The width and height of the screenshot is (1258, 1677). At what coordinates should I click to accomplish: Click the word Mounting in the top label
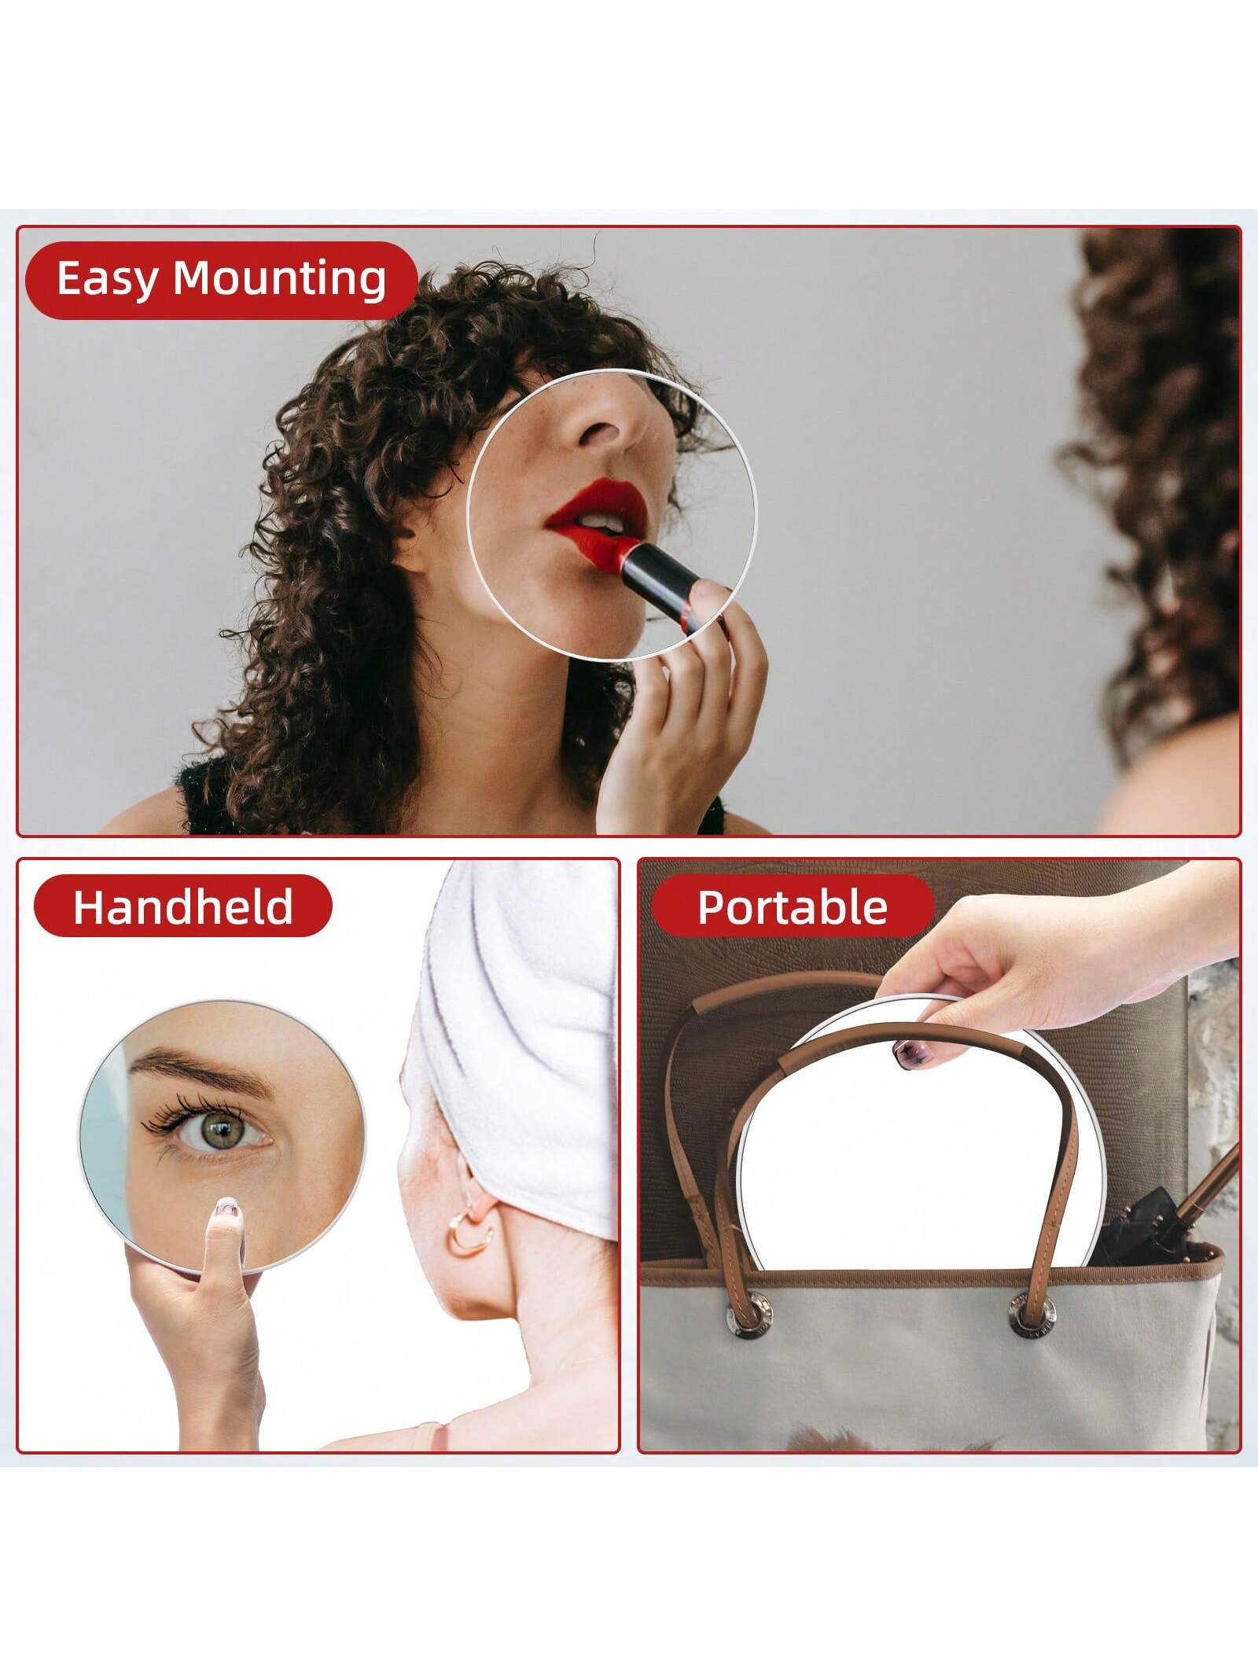click(x=280, y=280)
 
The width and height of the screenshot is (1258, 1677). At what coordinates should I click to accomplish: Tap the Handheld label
click(x=182, y=907)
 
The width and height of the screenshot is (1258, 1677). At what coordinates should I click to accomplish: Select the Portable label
click(x=793, y=907)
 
